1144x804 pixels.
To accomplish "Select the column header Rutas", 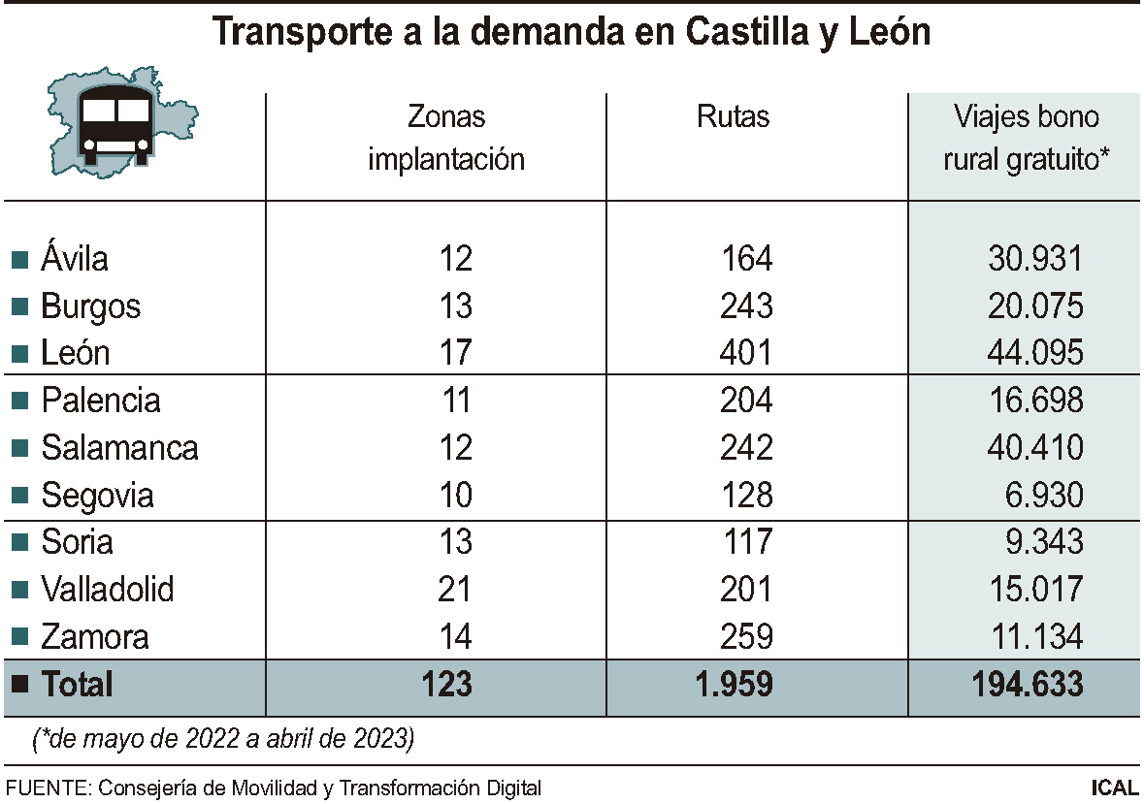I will (733, 117).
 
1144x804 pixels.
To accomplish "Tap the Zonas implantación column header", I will (446, 139).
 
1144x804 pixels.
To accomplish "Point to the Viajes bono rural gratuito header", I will (1026, 139).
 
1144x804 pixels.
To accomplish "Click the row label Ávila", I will (74, 259).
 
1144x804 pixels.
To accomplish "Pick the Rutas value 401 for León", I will (747, 352).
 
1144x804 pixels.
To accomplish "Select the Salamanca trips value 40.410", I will (1034, 447).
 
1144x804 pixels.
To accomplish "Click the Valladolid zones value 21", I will (454, 589).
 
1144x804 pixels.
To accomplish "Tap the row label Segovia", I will (97, 496).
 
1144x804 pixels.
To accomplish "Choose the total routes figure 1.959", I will (734, 684).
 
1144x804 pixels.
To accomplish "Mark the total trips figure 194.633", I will (1027, 684).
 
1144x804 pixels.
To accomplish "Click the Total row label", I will (77, 684).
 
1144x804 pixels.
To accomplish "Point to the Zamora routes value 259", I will (747, 637).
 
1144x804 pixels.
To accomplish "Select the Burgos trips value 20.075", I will (1034, 306).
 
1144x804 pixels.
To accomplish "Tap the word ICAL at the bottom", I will (1114, 788).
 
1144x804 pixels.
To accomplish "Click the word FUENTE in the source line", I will (45, 788).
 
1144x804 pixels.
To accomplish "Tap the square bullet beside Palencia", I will (19, 401).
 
